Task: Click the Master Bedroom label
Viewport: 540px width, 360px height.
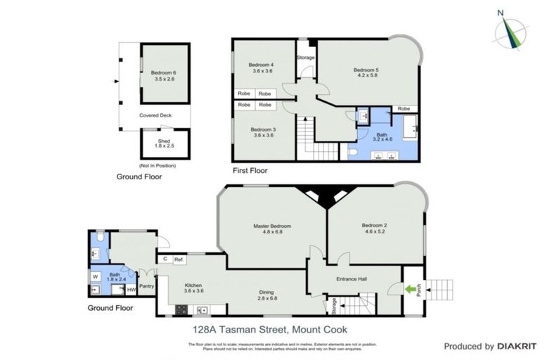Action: pos(272,226)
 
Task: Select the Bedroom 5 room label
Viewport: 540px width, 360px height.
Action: pos(366,70)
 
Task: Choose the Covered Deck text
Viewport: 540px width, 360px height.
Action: pos(155,115)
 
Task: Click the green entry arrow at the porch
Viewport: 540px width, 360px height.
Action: pos(409,288)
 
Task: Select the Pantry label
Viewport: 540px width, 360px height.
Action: pos(147,286)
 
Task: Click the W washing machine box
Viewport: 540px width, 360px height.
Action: pos(95,276)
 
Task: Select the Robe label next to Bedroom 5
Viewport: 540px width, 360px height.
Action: pos(404,109)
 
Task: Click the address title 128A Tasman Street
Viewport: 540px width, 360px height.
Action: pos(269,329)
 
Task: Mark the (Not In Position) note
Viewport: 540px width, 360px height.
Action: pos(157,165)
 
